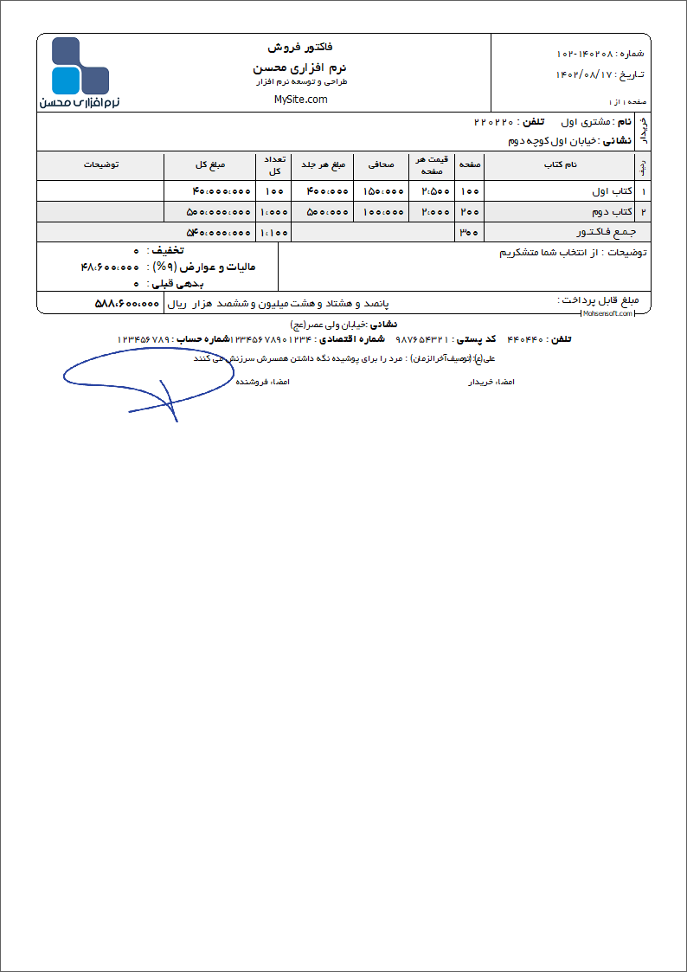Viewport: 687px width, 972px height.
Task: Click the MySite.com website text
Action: (300, 100)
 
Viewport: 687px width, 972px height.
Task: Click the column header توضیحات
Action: (101, 164)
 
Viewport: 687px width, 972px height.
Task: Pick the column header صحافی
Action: (382, 164)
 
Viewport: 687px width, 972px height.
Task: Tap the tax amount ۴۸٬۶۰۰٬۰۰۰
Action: (110, 267)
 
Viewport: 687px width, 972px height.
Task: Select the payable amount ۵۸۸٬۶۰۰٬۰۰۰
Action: (126, 304)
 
